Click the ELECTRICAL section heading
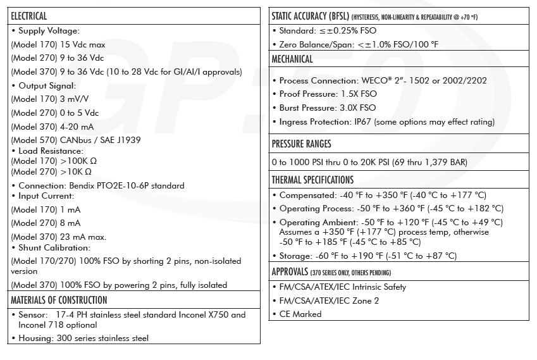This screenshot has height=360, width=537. pyautogui.click(x=29, y=16)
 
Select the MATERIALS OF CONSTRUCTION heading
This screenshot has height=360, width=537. pyautogui.click(x=59, y=300)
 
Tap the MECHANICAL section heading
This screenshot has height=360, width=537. pyautogui.click(x=292, y=59)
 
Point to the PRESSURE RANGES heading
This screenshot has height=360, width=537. pyautogui.click(x=301, y=144)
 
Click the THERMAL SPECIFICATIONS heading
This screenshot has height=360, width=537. pyautogui.click(x=312, y=180)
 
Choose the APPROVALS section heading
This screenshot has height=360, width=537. pyautogui.click(x=290, y=272)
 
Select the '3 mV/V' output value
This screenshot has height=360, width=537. pyautogui.click(x=75, y=99)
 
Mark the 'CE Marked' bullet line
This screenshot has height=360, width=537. pyautogui.click(x=300, y=314)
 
